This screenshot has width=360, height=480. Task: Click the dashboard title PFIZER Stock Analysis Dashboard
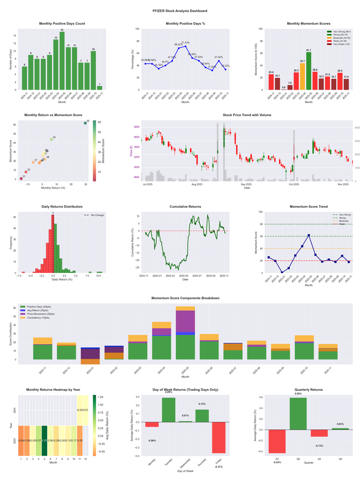pyautogui.click(x=180, y=10)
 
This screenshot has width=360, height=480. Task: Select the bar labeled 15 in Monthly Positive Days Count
pyautogui.click(x=62, y=61)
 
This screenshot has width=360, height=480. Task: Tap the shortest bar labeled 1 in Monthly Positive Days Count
pyautogui.click(x=99, y=88)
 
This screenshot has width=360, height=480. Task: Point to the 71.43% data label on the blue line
pyautogui.click(x=184, y=42)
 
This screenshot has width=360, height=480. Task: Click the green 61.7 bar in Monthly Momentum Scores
pyautogui.click(x=309, y=71)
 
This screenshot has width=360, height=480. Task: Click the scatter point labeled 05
pyautogui.click(x=85, y=123)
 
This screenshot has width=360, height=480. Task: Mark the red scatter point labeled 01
pyautogui.click(x=21, y=179)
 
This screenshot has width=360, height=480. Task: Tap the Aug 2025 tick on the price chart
pyautogui.click(x=197, y=184)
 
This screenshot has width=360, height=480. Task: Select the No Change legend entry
pyautogui.click(x=94, y=215)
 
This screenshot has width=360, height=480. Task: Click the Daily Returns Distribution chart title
pyautogui.click(x=62, y=207)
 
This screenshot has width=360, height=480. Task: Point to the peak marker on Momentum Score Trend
pyautogui.click(x=309, y=235)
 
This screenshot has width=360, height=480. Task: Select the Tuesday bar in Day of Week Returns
pyautogui.click(x=169, y=410)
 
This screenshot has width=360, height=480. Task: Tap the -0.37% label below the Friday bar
pyautogui.click(x=219, y=455)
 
